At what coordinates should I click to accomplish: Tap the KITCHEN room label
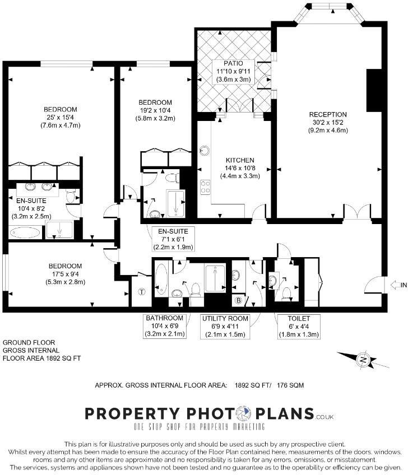pos(240,160)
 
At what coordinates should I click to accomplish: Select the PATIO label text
pos(234,63)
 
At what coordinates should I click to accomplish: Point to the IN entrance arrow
pos(398,285)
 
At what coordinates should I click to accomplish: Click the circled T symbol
pos(141,292)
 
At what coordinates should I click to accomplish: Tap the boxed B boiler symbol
pos(238,300)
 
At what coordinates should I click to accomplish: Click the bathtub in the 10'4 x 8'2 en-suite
pos(25,231)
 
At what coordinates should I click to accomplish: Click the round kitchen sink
pos(205,151)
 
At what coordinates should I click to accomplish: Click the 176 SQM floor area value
pos(291,385)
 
